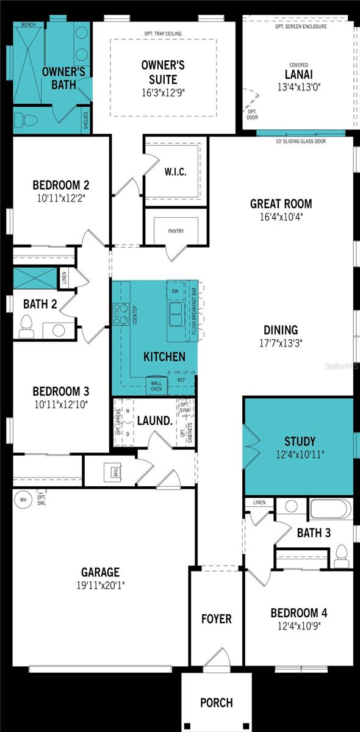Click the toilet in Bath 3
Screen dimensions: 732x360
coord(342,555)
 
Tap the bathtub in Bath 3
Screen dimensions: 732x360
coord(330,509)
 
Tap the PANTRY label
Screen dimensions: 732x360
coord(176,231)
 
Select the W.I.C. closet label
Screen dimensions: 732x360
coord(175,172)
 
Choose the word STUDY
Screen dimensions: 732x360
coord(300,441)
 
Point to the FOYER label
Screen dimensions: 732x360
coord(217,619)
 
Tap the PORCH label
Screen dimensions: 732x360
coord(217,703)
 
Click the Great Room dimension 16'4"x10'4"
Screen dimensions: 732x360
coord(281,217)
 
